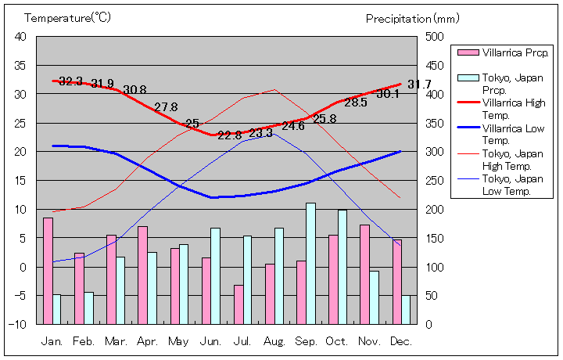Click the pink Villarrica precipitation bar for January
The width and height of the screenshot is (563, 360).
tap(48, 271)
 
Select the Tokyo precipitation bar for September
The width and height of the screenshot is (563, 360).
tap(310, 264)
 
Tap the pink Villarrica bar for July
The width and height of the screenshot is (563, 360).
tap(238, 304)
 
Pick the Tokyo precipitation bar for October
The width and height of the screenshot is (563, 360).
tap(342, 267)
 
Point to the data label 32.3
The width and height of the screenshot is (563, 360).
tap(71, 81)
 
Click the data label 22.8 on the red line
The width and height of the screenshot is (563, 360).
tap(230, 135)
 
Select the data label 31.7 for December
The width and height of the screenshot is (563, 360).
tap(419, 85)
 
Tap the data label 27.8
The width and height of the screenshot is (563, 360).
tap(166, 107)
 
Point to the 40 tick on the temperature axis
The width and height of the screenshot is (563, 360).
tap(20, 37)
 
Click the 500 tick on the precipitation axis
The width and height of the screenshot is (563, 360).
tap(435, 37)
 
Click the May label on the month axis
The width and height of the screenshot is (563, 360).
tap(178, 342)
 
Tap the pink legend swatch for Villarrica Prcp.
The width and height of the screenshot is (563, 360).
tap(468, 53)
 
